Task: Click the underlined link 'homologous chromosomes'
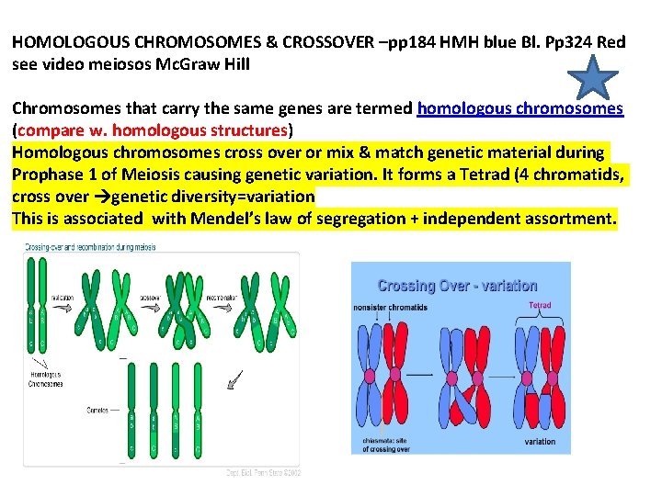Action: point(519,109)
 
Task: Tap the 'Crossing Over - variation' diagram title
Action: point(457,286)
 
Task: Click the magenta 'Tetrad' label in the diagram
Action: point(540,306)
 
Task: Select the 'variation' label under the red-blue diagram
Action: point(540,442)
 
